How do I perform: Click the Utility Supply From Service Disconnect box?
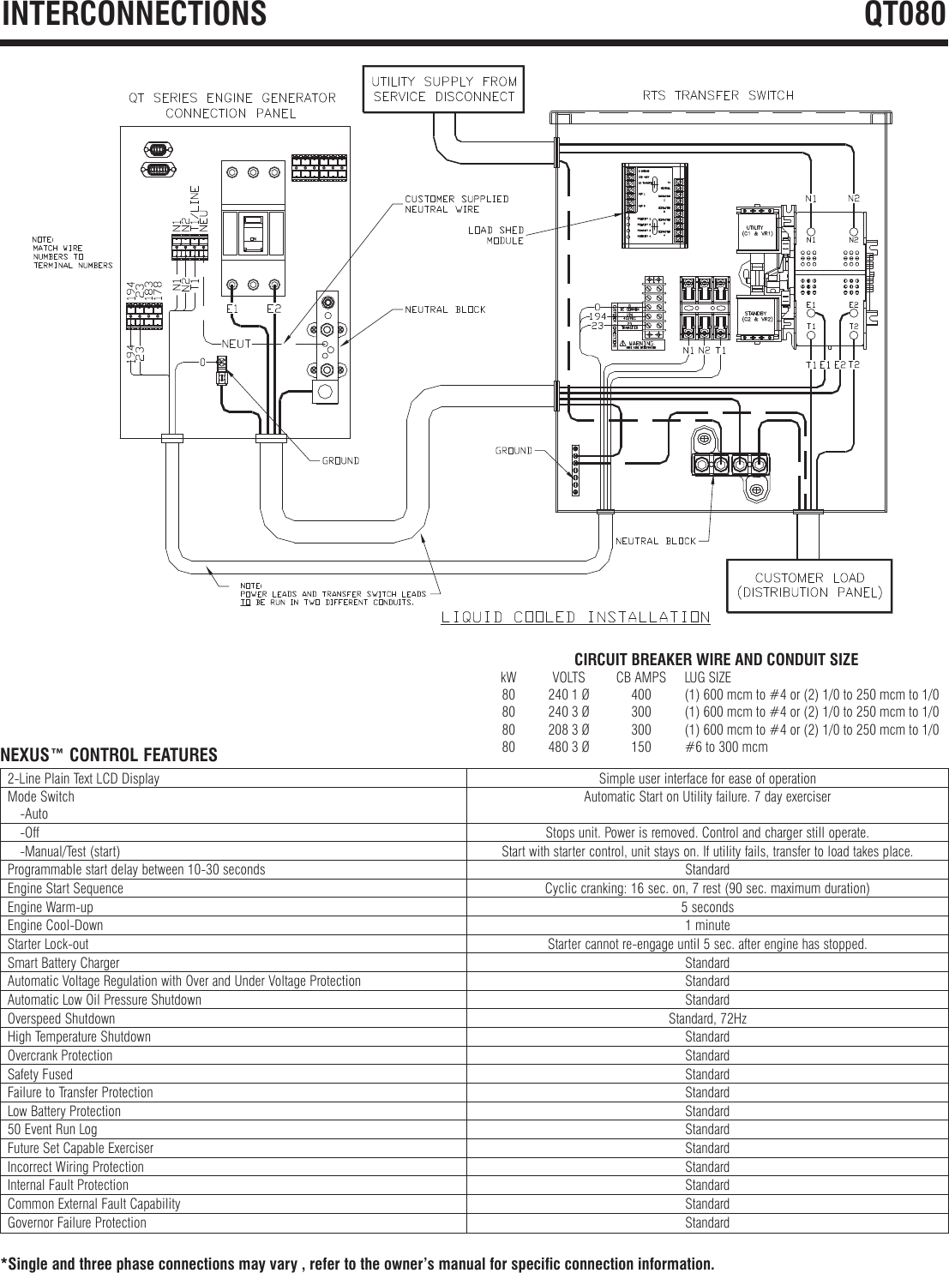(x=443, y=88)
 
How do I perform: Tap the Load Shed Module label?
(x=496, y=235)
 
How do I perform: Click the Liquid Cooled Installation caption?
(x=575, y=616)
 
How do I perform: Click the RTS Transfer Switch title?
(x=718, y=95)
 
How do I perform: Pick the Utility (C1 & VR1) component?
(x=758, y=230)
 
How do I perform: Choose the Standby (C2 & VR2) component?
(x=758, y=315)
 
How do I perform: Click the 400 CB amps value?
(x=640, y=694)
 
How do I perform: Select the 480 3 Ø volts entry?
(x=568, y=747)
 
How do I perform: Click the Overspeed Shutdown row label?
(x=61, y=1018)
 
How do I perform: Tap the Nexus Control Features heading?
(x=109, y=755)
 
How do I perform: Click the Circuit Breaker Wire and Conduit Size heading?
(x=715, y=659)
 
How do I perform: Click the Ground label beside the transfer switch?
(x=514, y=450)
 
